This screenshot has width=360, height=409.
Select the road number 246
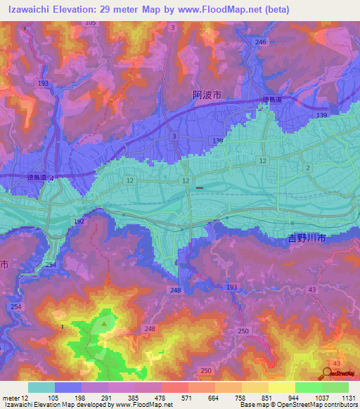(x=261, y=42)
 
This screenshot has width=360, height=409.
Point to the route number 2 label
(x=308, y=167)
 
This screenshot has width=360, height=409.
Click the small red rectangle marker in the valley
(x=200, y=188)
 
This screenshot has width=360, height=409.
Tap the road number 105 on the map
(x=90, y=23)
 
